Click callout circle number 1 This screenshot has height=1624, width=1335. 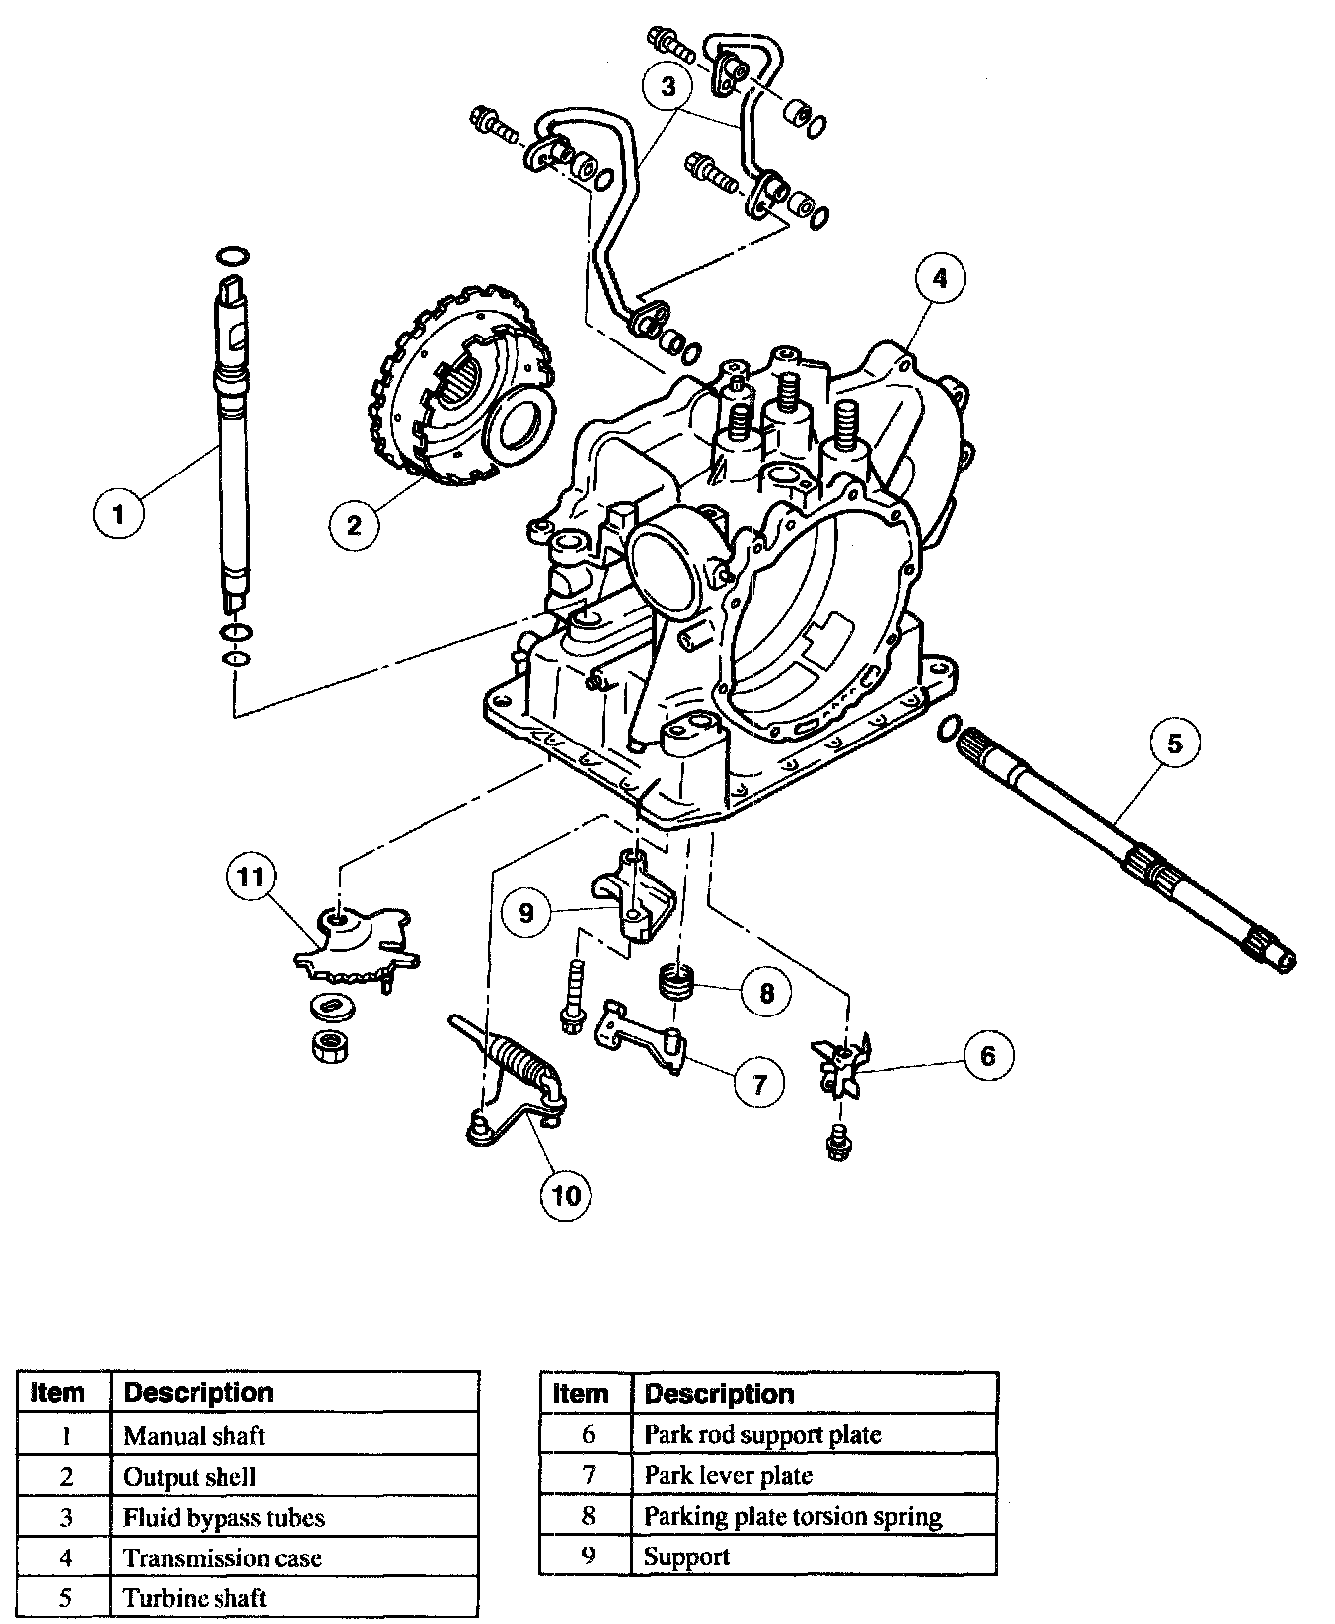click(x=120, y=513)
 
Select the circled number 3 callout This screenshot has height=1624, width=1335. click(x=667, y=86)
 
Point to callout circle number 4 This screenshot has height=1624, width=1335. click(x=939, y=279)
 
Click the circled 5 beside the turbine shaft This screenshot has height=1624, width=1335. click(x=1175, y=742)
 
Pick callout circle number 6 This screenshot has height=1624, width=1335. click(x=987, y=1055)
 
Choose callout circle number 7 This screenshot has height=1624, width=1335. click(x=759, y=1082)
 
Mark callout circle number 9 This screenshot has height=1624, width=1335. click(x=526, y=911)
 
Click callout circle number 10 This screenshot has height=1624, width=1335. click(x=565, y=1195)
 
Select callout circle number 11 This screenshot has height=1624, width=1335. click(x=252, y=876)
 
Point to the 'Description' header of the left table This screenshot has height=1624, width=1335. click(x=199, y=1392)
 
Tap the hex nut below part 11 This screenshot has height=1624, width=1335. click(x=327, y=1047)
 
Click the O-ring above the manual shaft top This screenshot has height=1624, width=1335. click(x=230, y=256)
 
